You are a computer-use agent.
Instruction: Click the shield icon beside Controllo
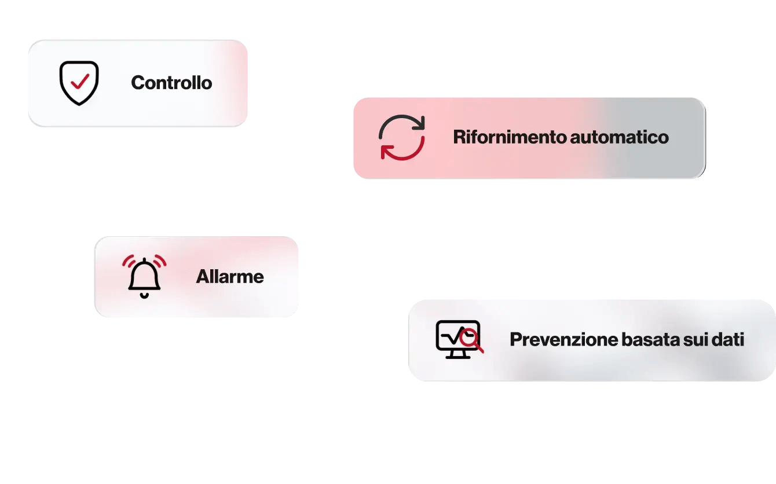79,83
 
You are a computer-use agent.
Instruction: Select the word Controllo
171,83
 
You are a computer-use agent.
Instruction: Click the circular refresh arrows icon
401,137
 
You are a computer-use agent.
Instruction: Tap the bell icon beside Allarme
144,277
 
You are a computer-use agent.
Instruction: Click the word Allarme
230,277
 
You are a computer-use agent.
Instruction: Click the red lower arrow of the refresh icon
399,152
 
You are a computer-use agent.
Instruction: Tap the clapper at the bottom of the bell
144,295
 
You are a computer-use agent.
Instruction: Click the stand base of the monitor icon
457,356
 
